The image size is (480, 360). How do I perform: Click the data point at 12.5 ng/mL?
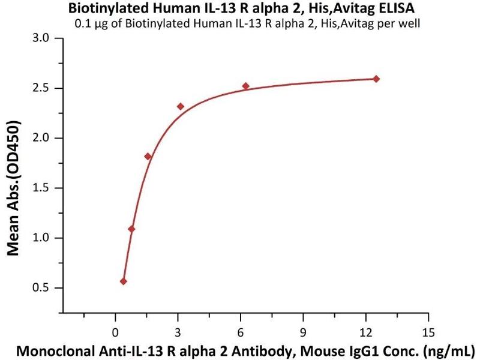376,79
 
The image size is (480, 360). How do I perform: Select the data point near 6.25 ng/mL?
245,86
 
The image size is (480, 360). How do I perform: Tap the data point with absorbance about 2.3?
180,106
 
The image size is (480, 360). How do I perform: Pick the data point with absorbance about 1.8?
148,156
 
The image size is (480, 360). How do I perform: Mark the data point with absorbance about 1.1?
131,229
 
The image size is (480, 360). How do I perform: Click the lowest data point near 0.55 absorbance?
124,281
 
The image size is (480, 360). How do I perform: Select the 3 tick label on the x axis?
178,332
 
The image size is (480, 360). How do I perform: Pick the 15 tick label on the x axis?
428,332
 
